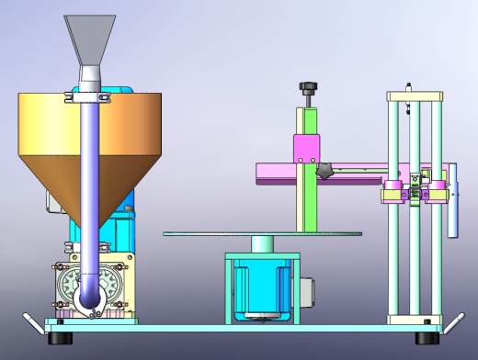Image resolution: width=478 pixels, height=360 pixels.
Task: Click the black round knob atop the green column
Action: [306, 88]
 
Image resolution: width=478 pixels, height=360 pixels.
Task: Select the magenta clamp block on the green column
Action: [305, 147]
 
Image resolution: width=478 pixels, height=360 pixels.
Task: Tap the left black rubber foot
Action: [60, 338]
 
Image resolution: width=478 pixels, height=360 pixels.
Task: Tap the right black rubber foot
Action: [427, 338]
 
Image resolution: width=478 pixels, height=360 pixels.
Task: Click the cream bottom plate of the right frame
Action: [414, 320]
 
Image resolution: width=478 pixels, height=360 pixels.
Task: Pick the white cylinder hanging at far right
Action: [452, 202]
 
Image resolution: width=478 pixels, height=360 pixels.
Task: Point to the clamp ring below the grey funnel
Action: [89, 88]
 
